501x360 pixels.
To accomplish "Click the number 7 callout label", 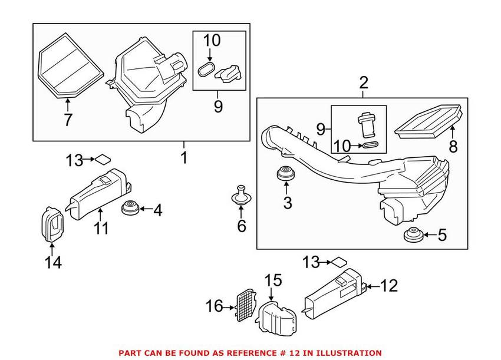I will [68, 120].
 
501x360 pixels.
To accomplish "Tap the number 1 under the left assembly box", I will [183, 157].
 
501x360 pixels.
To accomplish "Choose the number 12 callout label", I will [389, 286].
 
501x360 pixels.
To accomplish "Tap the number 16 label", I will [215, 306].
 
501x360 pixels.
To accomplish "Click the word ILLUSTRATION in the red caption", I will [342, 352].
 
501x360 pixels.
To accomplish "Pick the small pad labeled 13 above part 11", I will [103, 158].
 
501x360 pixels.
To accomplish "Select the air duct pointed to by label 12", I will [333, 295].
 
